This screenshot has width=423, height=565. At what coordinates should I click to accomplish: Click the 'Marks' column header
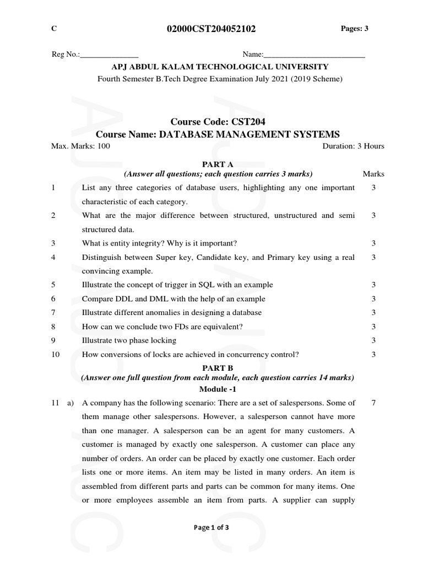point(373,174)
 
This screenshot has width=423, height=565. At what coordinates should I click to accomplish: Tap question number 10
point(55,354)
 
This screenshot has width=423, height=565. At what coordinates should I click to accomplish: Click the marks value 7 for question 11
point(373,403)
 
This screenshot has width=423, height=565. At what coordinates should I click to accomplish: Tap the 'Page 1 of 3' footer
point(211,527)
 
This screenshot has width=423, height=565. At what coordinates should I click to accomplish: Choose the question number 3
point(53,243)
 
